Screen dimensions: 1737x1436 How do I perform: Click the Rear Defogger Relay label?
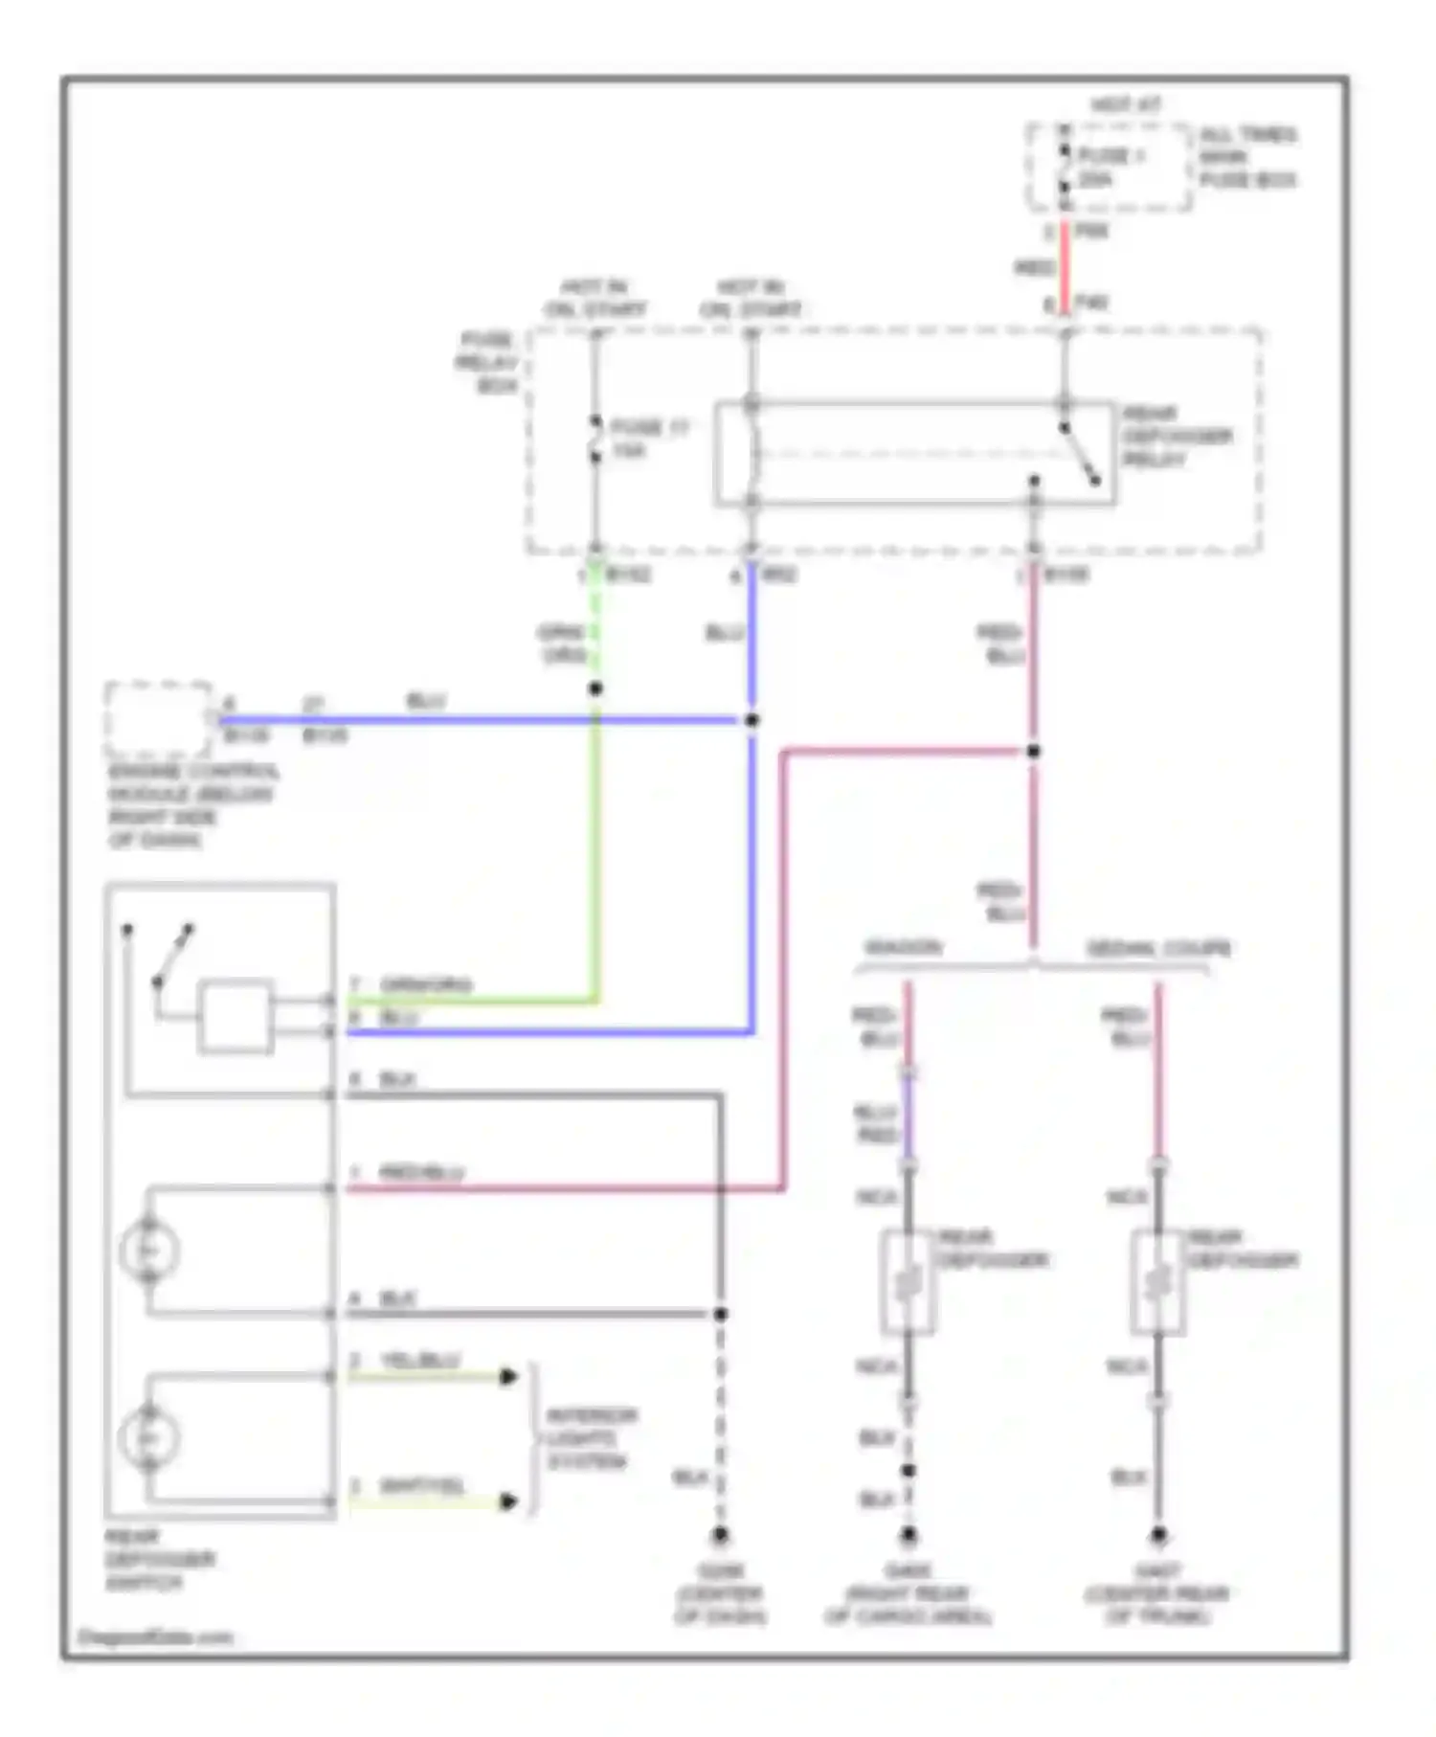[x=1175, y=437]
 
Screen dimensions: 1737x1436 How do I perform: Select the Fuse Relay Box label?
[x=487, y=363]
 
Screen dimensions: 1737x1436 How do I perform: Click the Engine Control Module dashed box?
[x=158, y=719]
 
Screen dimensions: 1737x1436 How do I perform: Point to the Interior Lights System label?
[x=591, y=1439]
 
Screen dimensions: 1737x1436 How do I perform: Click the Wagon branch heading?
[x=904, y=948]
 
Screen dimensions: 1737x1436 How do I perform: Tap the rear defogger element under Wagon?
[x=907, y=1282]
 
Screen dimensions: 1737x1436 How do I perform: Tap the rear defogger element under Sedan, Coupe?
[x=1157, y=1282]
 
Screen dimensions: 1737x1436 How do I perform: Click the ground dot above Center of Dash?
[x=720, y=1535]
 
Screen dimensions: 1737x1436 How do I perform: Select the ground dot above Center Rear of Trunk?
[x=1158, y=1535]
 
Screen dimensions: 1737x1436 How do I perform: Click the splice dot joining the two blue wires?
[x=752, y=720]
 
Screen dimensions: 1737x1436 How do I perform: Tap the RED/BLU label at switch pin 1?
[x=420, y=1173]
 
